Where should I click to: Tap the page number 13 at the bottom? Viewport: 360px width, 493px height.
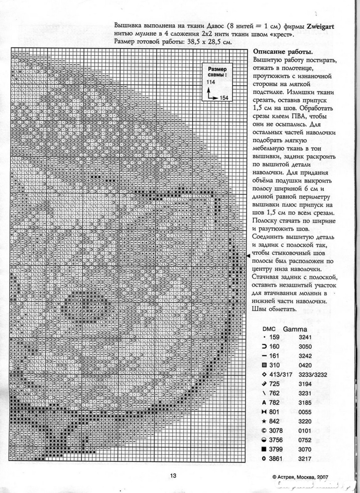(173, 476)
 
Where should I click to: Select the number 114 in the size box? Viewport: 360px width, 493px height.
(211, 82)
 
